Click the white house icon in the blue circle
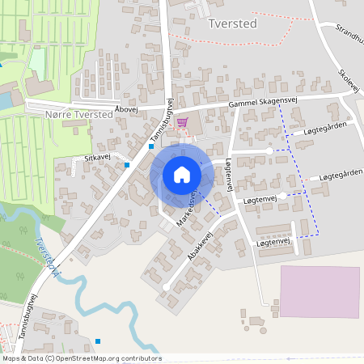pyautogui.click(x=182, y=175)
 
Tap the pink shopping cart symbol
pyautogui.click(x=181, y=122)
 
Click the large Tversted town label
pyautogui.click(x=233, y=23)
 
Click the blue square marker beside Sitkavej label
pyautogui.click(x=127, y=165)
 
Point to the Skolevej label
pyautogui.click(x=349, y=80)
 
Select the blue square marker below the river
pyautogui.click(x=98, y=341)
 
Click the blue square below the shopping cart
pyautogui.click(x=151, y=146)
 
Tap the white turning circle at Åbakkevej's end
pyautogui.click(x=166, y=287)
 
